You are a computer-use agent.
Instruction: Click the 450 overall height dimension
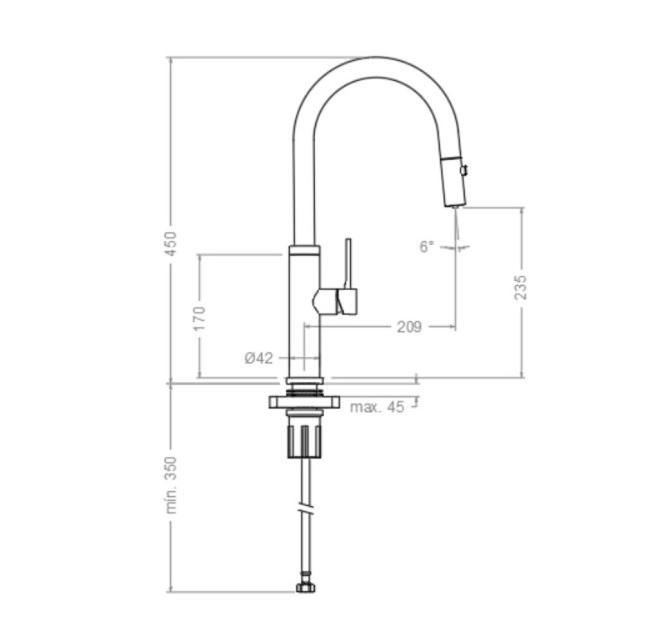tap(171, 243)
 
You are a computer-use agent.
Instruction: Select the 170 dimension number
tap(200, 318)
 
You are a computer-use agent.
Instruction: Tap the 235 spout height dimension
tap(521, 287)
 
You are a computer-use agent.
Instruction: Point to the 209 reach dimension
tap(409, 327)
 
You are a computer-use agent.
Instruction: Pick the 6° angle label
tap(427, 246)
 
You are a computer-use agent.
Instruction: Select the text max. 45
tap(377, 407)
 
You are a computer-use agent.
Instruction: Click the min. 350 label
tap(171, 484)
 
